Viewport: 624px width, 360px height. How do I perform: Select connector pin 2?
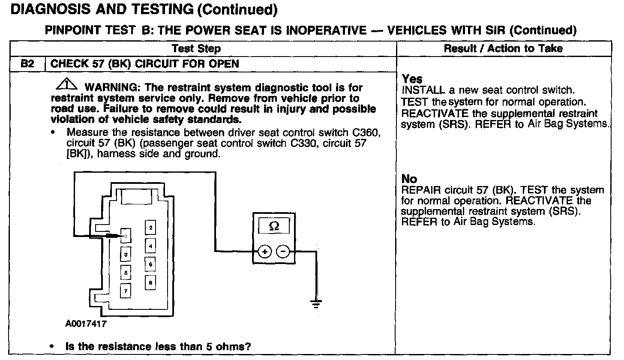coord(150,228)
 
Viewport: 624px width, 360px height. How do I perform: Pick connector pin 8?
coord(150,282)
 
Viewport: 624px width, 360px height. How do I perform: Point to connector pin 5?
coord(125,272)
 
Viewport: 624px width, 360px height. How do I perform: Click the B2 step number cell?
coord(27,64)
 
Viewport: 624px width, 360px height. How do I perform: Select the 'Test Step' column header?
coord(196,48)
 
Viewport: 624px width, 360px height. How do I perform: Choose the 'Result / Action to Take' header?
coord(503,48)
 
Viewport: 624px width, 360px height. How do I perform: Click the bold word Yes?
coord(412,79)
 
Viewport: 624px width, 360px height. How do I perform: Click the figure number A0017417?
coord(86,324)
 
